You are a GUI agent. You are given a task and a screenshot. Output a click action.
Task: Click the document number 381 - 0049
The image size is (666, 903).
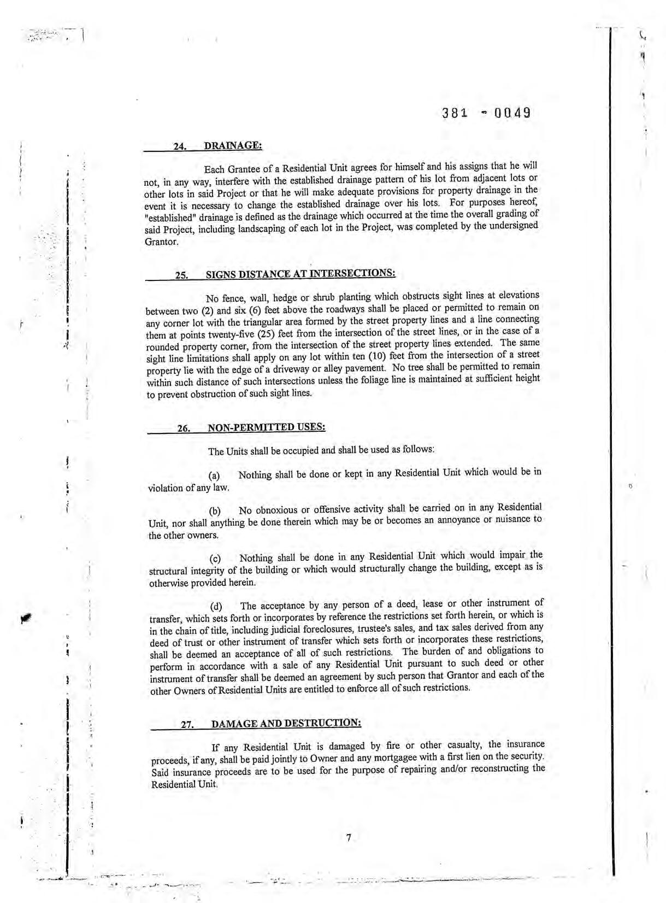pos(486,113)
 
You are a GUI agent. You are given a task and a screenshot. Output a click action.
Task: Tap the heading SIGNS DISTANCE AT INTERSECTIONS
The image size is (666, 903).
pos(300,274)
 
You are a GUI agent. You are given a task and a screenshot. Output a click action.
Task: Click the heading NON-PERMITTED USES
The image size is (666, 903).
pos(267,427)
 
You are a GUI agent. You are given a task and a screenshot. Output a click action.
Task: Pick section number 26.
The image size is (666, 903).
pos(183,428)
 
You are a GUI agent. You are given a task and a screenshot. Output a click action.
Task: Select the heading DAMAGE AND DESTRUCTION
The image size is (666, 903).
pos(286,723)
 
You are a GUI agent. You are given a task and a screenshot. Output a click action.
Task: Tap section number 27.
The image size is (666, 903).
pos(187,725)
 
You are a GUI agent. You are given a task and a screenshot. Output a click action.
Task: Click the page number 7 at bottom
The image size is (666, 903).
pos(348,837)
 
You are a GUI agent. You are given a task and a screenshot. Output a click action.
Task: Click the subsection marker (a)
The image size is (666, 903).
pos(216,476)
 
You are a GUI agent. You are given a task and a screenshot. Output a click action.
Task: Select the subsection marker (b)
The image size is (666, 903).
pos(216,512)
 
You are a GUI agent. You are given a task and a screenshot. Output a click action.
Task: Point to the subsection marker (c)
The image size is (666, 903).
pos(216,559)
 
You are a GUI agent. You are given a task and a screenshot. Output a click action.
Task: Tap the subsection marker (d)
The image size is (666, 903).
pos(217,607)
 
